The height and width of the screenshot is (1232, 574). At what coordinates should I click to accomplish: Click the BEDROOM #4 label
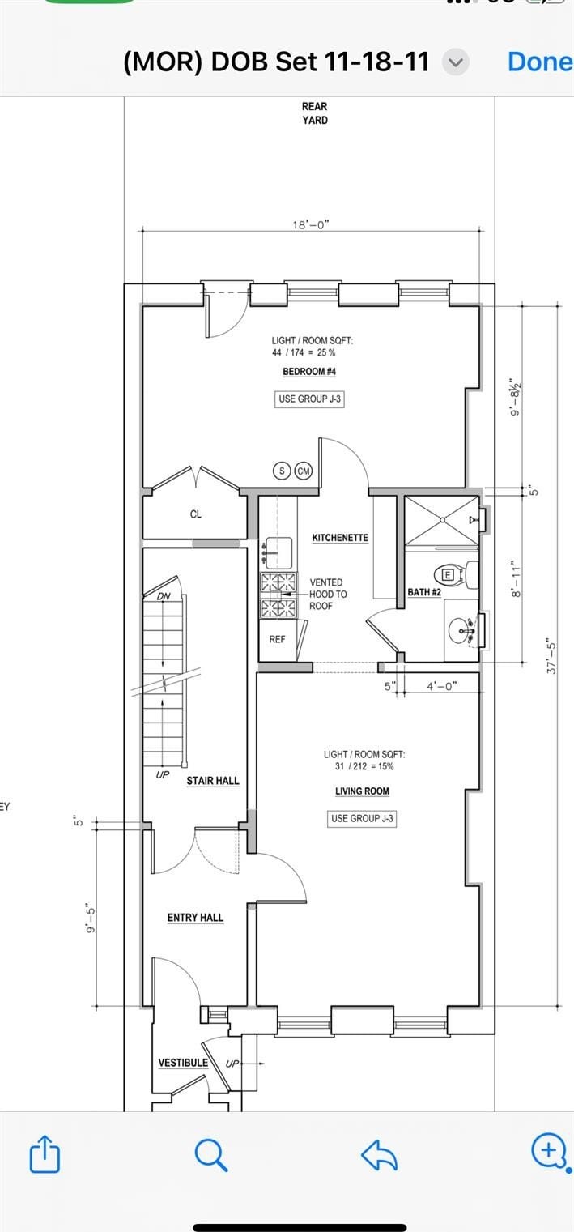(309, 372)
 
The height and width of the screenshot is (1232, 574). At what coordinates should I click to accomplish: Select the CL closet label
(196, 514)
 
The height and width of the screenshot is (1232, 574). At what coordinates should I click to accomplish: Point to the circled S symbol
(282, 471)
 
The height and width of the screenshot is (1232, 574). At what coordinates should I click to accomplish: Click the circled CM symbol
(304, 471)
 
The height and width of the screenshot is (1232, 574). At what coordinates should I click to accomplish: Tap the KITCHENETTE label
(340, 538)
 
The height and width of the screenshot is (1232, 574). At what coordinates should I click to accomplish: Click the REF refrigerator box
(278, 640)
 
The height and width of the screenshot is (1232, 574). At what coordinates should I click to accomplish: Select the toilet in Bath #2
(456, 575)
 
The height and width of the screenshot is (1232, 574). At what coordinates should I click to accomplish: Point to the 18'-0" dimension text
(311, 224)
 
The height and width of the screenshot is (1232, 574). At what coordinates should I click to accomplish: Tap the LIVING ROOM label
(363, 791)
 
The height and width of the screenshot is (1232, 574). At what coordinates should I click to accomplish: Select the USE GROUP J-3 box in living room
(363, 818)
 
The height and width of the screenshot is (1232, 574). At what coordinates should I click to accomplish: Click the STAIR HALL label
(213, 781)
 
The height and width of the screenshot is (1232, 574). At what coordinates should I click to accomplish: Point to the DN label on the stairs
(164, 596)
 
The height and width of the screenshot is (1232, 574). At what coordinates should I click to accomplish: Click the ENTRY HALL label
(195, 918)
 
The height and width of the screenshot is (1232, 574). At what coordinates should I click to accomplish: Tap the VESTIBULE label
(183, 1064)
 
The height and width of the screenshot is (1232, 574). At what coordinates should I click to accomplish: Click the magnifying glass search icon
(211, 1154)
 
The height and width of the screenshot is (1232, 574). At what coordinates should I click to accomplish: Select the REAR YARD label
(314, 113)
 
